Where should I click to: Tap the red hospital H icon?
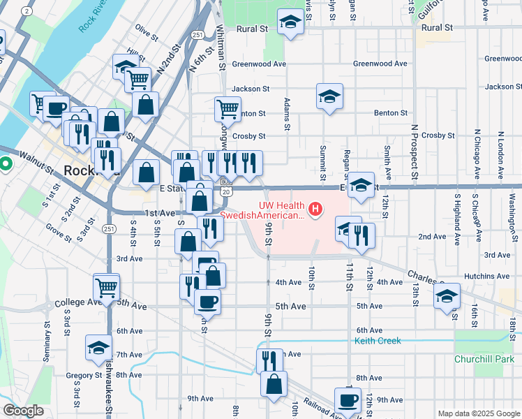[x=316, y=208]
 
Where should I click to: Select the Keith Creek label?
[x=378, y=341]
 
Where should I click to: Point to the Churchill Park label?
[x=483, y=359]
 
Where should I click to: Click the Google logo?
[x=23, y=411]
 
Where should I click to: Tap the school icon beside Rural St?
[x=290, y=22]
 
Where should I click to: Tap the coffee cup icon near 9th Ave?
[x=348, y=401]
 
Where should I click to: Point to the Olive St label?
[x=147, y=31]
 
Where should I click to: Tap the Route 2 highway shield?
[x=27, y=11]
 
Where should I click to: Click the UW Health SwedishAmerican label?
[x=262, y=210]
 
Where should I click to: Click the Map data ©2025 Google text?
[x=478, y=413]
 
